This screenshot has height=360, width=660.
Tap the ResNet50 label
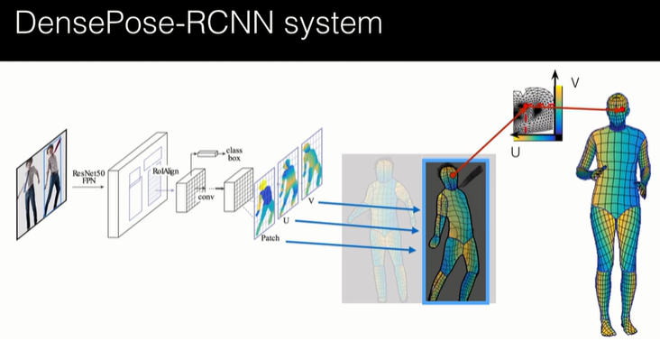pyautogui.click(x=87, y=170)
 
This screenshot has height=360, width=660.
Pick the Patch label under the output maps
pyautogui.click(x=270, y=237)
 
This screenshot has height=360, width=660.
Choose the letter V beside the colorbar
pyautogui.click(x=575, y=83)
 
